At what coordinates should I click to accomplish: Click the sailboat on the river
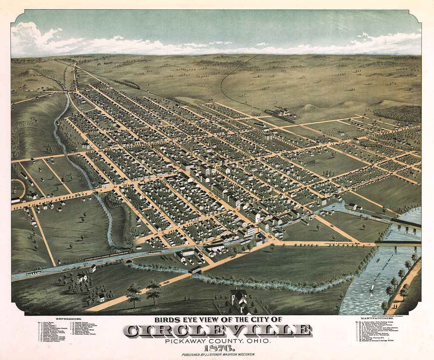[372, 287]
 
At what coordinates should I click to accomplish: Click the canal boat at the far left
[34, 273]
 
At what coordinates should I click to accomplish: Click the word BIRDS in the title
[166, 320]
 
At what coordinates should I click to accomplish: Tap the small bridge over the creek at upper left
[66, 92]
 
